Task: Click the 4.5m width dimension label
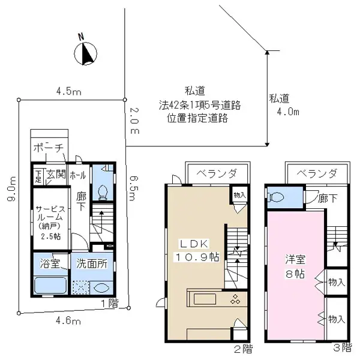coord(68,92)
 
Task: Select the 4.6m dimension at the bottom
coord(68,321)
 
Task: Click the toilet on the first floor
coord(102,191)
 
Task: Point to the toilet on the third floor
coord(277,197)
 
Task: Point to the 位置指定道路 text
coord(199,118)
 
